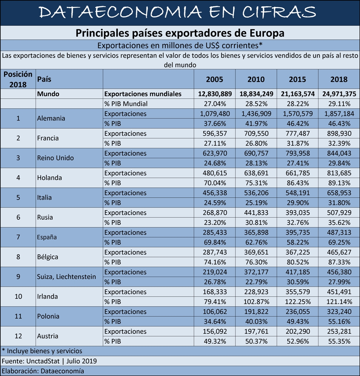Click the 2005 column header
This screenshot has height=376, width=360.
click(214, 79)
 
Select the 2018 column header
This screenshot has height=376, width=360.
click(339, 79)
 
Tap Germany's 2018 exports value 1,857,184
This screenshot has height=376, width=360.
click(339, 114)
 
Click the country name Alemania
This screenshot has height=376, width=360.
click(51, 118)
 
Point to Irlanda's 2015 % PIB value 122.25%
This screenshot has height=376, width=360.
click(298, 302)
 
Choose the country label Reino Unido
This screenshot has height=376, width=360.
click(55, 158)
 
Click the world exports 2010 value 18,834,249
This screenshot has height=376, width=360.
click(256, 94)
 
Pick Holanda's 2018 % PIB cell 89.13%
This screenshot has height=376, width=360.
click(339, 183)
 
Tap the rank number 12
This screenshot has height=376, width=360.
click(18, 336)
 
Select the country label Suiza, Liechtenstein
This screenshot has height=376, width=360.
click(66, 277)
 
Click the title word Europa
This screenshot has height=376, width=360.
click(267, 33)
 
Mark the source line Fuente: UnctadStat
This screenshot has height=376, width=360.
click(31, 361)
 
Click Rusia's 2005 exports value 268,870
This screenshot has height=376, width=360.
click(215, 213)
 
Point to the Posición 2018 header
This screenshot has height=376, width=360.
click(18, 79)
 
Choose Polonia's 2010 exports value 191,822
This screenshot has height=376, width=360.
click(256, 312)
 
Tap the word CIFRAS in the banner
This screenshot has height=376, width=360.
click(279, 12)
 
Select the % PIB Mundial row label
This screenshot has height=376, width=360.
click(126, 104)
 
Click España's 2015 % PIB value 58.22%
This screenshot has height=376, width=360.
click(298, 243)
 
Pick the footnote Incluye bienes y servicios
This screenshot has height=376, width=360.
click(44, 351)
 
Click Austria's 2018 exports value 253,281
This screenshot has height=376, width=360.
click(339, 332)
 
